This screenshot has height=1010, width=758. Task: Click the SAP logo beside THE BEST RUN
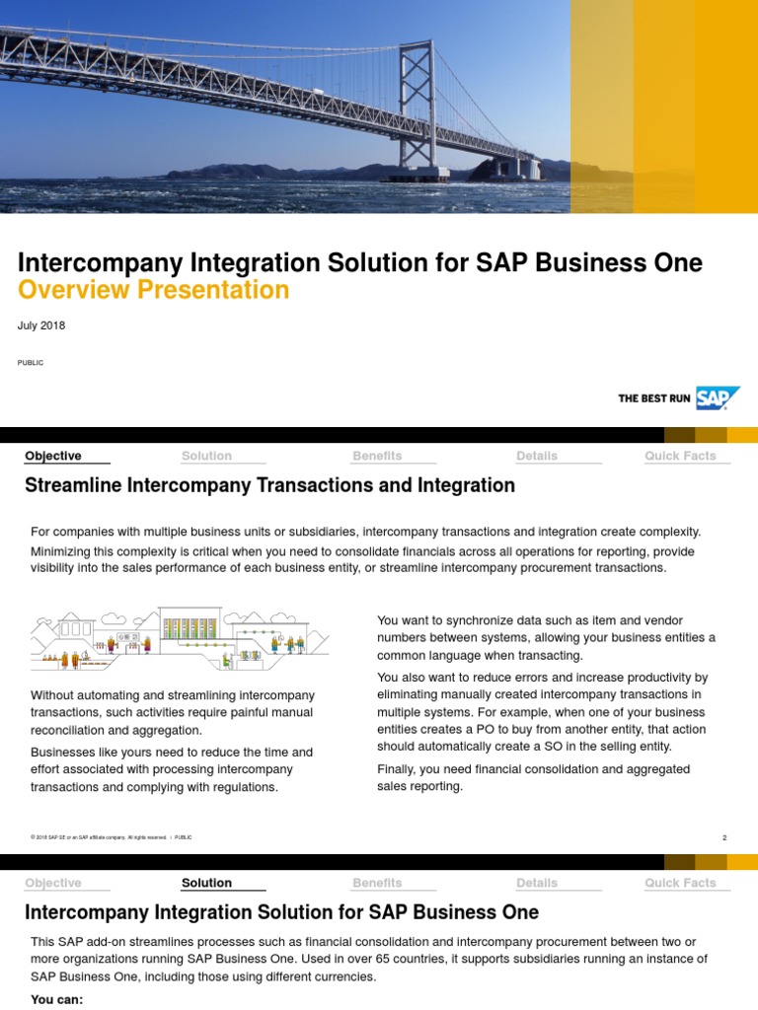[x=718, y=397]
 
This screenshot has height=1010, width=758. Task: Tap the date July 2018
[x=41, y=325]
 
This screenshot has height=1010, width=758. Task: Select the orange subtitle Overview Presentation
[x=154, y=290]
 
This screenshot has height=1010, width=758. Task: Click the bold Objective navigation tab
[x=53, y=456]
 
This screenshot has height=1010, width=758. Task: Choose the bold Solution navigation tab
[x=206, y=883]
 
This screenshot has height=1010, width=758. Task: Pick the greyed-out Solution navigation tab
[x=206, y=456]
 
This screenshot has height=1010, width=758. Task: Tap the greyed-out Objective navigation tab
[x=53, y=883]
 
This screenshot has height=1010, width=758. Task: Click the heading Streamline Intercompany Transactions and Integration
[x=269, y=485]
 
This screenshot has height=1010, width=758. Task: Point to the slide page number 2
[x=724, y=837]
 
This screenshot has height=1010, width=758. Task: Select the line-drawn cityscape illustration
[x=180, y=637]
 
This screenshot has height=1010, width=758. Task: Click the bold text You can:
[x=57, y=999]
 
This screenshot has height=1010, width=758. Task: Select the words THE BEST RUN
[x=653, y=398]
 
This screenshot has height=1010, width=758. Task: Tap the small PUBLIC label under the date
[x=31, y=363]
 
